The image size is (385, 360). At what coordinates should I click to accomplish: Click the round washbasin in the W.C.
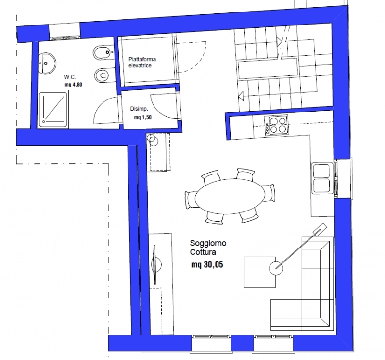tap(47, 63)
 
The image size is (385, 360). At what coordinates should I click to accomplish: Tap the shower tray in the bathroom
tap(53, 109)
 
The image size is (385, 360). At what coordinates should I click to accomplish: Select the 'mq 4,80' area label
tap(74, 85)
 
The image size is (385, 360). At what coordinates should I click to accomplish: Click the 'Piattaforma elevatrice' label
tap(142, 62)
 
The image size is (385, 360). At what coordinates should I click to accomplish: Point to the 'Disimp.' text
tap(139, 109)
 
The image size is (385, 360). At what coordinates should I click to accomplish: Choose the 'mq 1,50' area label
tap(142, 117)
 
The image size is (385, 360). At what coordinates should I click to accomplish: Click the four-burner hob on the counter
tap(276, 125)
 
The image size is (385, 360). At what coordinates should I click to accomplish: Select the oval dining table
tap(230, 196)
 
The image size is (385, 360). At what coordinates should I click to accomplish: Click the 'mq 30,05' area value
tap(207, 265)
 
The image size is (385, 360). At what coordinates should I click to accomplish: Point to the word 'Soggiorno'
tap(208, 243)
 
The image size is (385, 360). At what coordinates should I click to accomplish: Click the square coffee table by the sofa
tap(260, 272)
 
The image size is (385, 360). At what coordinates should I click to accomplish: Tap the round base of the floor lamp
tap(276, 268)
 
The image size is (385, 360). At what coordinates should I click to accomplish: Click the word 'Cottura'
tap(203, 252)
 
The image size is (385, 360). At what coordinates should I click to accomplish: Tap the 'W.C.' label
tap(70, 77)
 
